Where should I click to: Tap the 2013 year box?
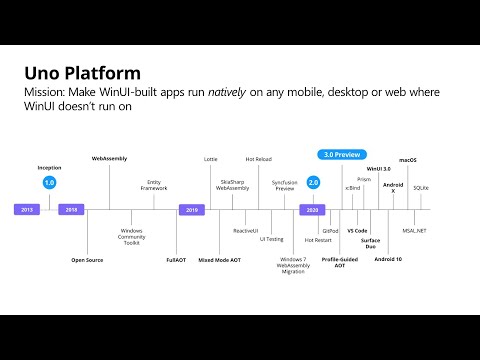coord(28,210)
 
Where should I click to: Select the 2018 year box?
coord(70,210)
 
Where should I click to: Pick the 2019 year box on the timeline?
coord(192,210)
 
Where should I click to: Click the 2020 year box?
coord(313,210)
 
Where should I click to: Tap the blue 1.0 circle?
coord(49,183)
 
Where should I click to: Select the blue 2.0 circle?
coord(313,183)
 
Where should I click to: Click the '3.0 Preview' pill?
coord(342,155)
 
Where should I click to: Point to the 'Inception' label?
coord(49,168)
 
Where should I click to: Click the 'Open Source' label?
coord(87,259)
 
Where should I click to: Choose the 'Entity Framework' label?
coord(154,186)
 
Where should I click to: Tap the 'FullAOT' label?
coord(176,259)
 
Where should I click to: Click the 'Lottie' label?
coord(211,159)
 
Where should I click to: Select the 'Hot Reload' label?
coord(258,159)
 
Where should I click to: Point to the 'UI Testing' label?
coord(271,239)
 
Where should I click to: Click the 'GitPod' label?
coord(330,230)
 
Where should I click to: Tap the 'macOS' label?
coord(408,159)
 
